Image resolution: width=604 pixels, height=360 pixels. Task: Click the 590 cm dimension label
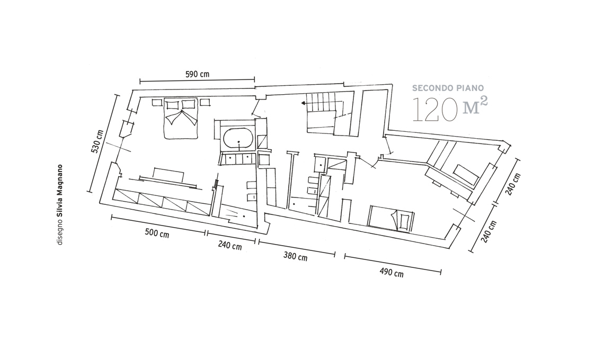(x=197, y=74)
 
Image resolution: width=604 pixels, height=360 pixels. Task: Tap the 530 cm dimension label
(x=97, y=141)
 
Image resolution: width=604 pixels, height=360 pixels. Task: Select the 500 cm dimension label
(x=157, y=233)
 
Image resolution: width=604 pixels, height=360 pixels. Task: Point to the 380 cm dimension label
(x=296, y=256)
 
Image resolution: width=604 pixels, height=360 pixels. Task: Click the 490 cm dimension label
(x=392, y=272)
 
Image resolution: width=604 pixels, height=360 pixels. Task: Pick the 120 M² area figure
(x=450, y=110)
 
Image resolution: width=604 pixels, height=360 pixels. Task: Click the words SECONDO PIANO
(x=448, y=88)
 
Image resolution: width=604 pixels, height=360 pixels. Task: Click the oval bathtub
(x=238, y=138)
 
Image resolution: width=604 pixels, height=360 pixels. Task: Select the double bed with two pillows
(x=181, y=119)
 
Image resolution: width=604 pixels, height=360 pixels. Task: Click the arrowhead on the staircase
(x=304, y=103)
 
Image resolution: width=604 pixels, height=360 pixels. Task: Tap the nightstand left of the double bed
(x=157, y=102)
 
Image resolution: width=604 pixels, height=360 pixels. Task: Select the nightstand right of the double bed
(x=205, y=102)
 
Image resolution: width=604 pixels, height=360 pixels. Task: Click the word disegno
(x=60, y=232)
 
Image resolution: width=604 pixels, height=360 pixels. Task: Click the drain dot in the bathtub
(x=239, y=142)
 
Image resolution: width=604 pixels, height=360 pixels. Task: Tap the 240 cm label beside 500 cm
(x=230, y=245)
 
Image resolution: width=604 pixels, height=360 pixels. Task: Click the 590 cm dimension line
(x=197, y=80)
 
